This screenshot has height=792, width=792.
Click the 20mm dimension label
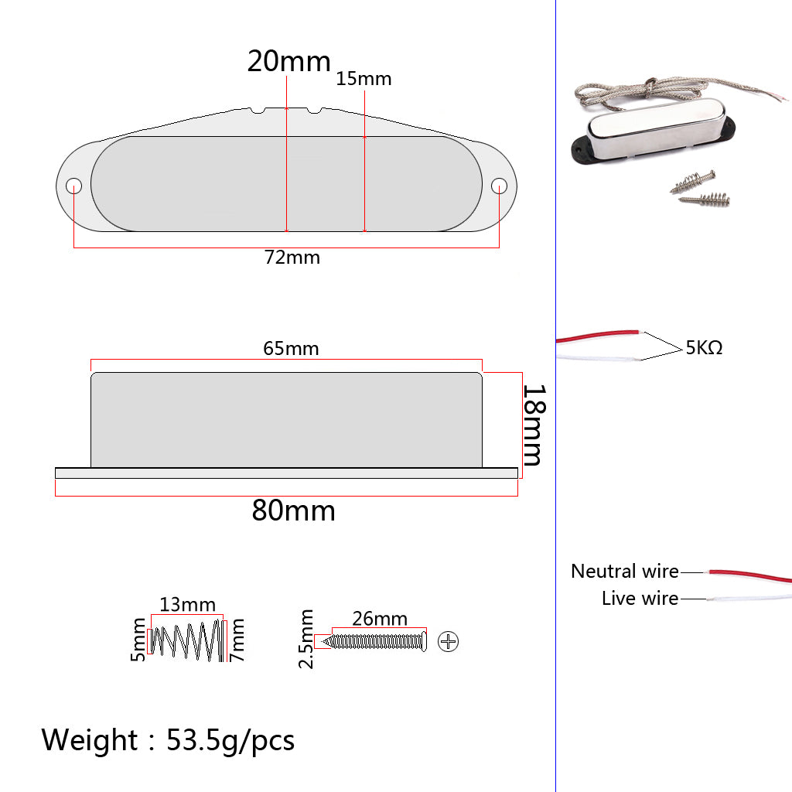pos(289,62)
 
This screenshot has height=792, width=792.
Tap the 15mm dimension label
pos(364,79)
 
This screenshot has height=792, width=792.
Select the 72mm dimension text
pos(292,258)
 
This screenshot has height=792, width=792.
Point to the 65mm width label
pos(291,349)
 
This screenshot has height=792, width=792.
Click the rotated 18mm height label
pos(534,425)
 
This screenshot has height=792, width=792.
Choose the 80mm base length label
pos(293,510)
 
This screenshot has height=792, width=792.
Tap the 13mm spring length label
pos(187,605)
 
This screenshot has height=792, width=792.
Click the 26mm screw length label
pos(380,619)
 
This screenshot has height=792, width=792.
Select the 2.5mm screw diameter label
pos(306,639)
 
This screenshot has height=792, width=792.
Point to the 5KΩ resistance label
pos(704,347)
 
